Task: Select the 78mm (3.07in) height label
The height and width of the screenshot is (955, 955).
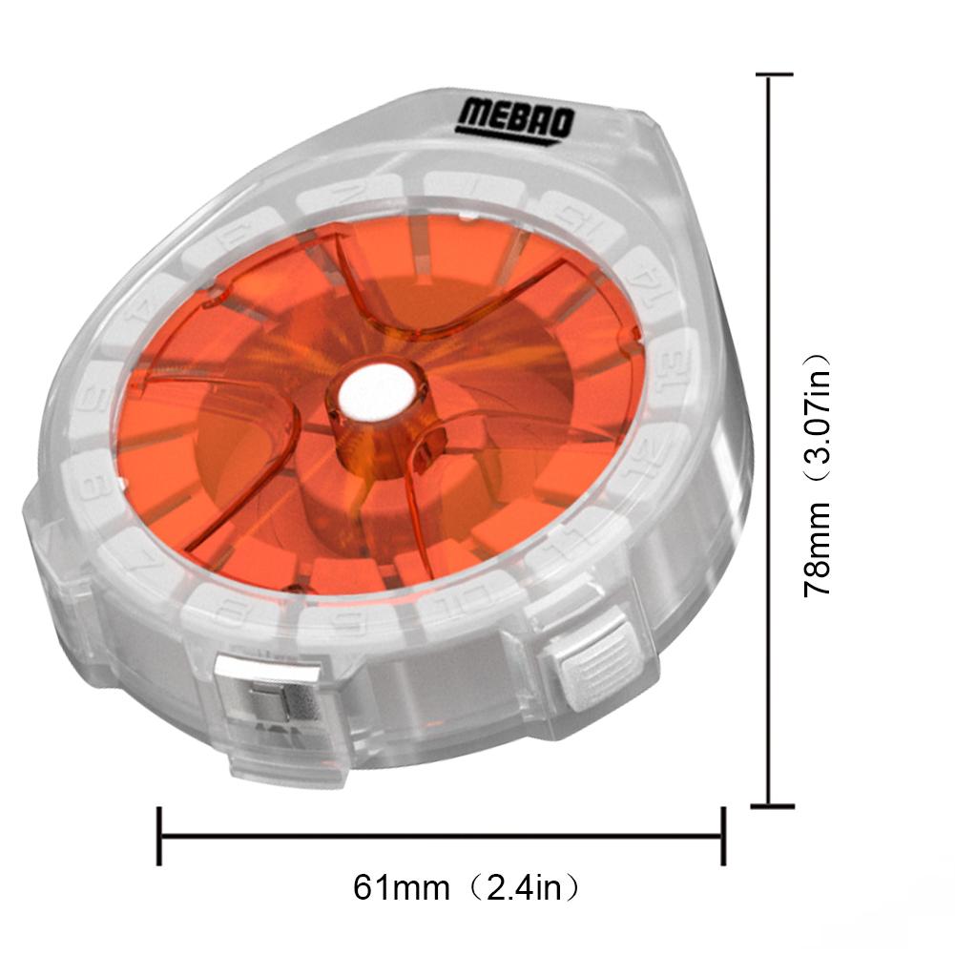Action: click(x=818, y=475)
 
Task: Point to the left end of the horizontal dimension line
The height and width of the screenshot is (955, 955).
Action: click(x=159, y=837)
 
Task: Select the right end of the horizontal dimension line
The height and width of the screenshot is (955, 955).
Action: click(x=723, y=837)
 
